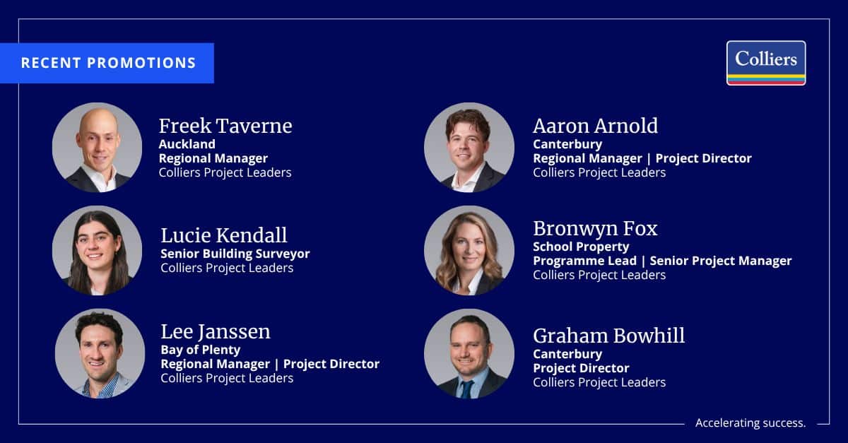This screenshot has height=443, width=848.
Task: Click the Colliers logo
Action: pos(766,63)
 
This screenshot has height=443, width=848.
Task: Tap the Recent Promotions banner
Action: pos(107,63)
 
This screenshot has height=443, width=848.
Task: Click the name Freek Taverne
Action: pos(225,126)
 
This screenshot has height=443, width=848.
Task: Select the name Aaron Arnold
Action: pos(596,126)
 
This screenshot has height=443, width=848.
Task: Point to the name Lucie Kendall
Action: pos(224,235)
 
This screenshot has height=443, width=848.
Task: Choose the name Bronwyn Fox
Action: pos(595,228)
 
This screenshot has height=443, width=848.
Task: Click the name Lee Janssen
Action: pos(216,331)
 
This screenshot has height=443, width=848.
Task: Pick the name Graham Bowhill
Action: pos(608,336)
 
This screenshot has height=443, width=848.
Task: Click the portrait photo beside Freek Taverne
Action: pos(98,147)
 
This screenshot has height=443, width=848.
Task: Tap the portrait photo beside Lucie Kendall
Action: pos(98,250)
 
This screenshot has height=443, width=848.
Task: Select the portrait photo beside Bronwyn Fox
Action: pos(469,250)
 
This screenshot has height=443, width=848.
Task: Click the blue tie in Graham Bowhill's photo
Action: pos(466,389)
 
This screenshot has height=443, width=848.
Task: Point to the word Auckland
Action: pos(187,144)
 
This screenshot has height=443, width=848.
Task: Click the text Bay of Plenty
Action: pos(200,350)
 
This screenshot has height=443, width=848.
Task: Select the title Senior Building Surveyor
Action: pos(235,254)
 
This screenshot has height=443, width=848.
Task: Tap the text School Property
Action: pos(581,247)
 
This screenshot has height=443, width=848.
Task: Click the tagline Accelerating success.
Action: pos(750,423)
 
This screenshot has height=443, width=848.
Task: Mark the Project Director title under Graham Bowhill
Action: pos(581,368)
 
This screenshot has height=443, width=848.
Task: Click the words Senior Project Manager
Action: pos(721,261)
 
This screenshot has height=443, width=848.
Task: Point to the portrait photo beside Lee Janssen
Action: pos(100,353)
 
